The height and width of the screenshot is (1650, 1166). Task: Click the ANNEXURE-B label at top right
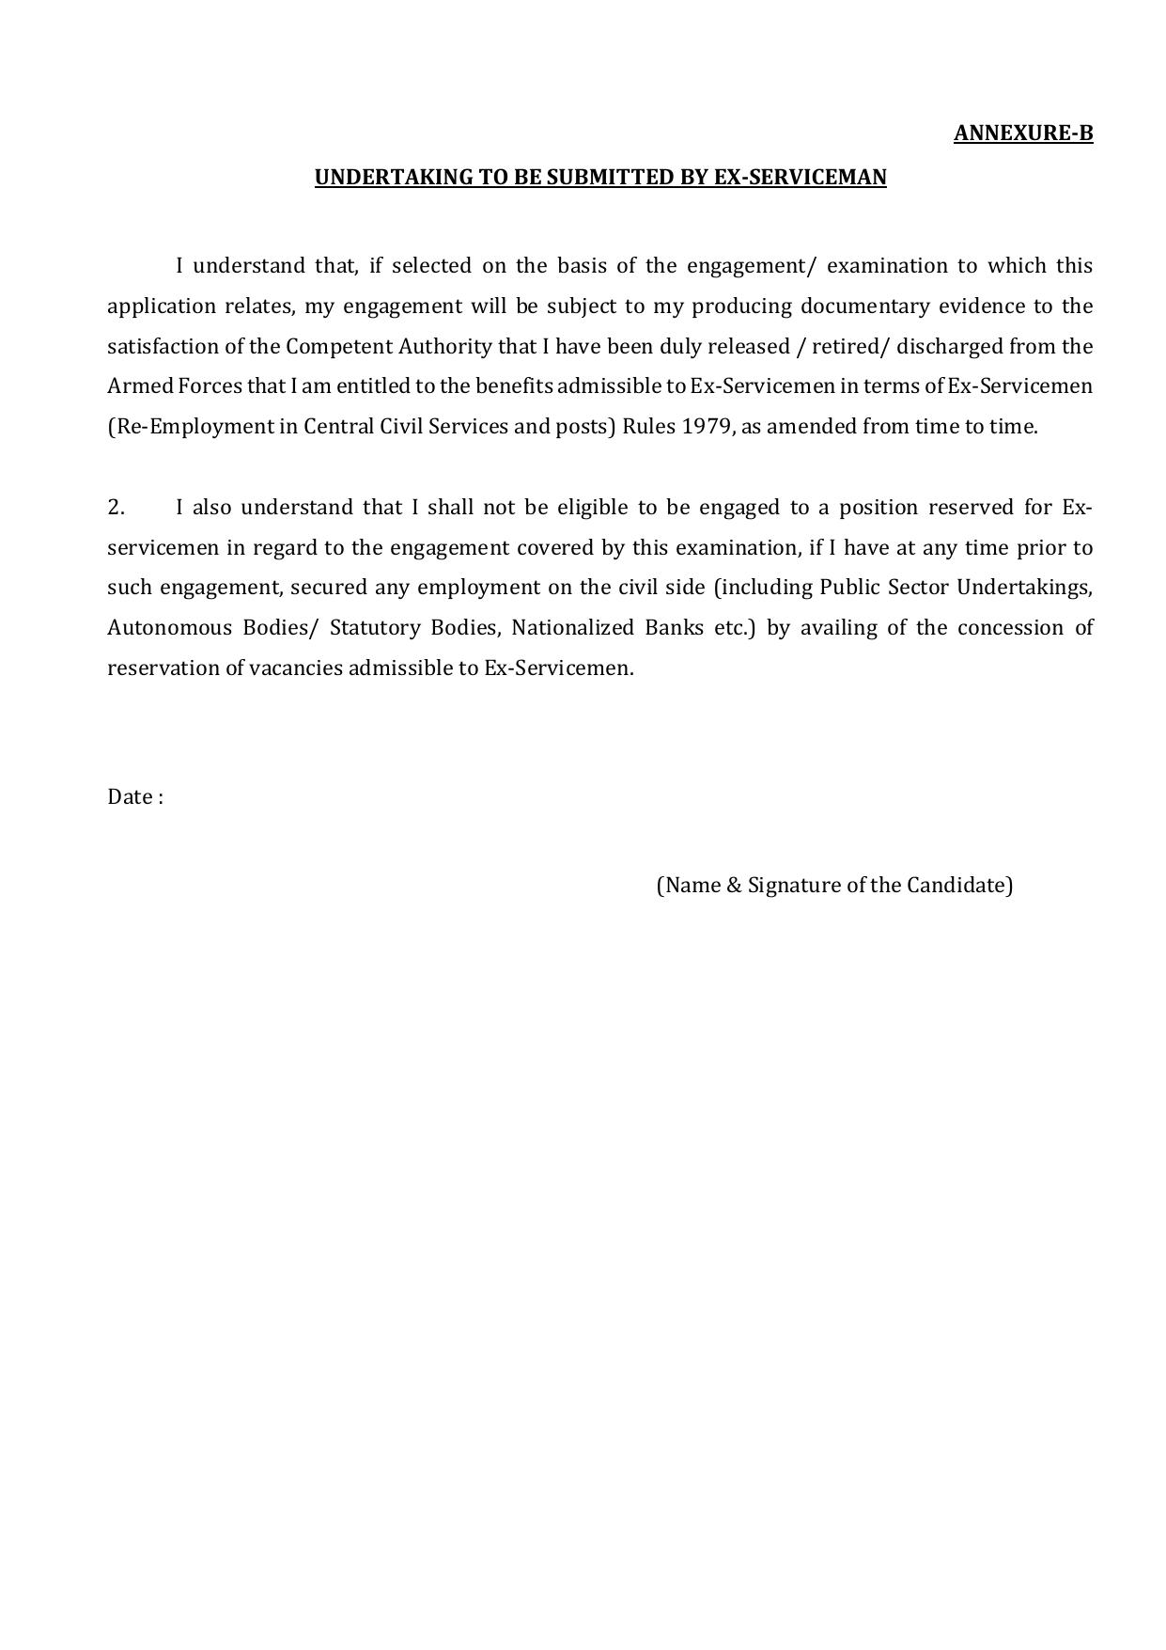tap(1023, 134)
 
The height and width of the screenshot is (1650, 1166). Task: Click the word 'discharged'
tap(950, 347)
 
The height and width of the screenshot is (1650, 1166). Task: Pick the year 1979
tap(707, 427)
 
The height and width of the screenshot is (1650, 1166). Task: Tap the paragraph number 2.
tap(116, 508)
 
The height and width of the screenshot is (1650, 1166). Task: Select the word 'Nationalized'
tap(572, 628)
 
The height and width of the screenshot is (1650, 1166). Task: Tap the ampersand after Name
tap(734, 886)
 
